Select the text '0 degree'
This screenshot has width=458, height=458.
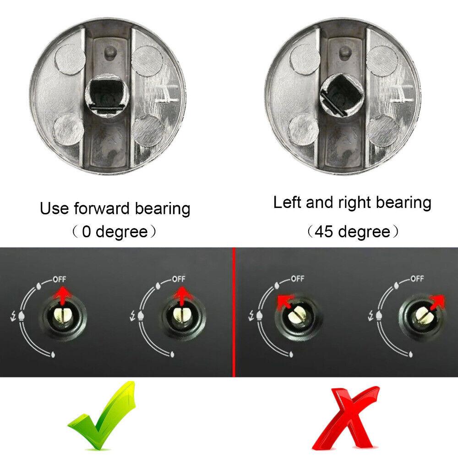[x=115, y=231]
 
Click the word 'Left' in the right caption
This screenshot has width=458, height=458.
[x=289, y=202]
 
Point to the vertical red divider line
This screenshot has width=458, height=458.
[x=234, y=311]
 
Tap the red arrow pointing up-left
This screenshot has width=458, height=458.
[x=284, y=301]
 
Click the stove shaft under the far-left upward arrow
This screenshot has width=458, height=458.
[x=62, y=315]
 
